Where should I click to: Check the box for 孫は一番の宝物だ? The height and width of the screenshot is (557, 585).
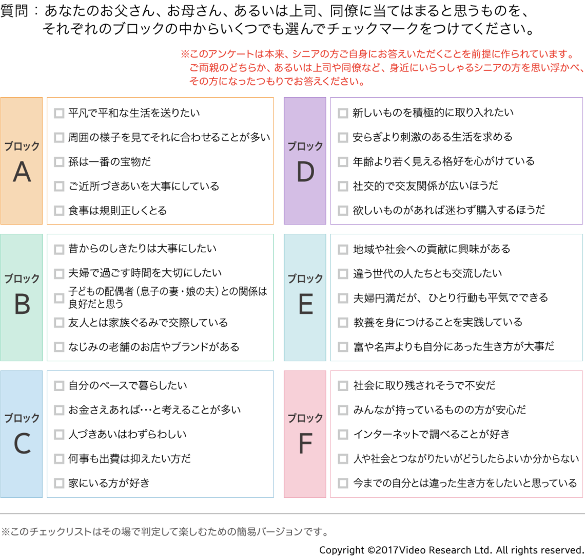59,162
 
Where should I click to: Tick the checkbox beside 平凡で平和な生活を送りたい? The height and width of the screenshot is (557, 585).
59,113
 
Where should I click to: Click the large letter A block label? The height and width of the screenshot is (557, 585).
22,172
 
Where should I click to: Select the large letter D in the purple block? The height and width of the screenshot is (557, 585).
305,172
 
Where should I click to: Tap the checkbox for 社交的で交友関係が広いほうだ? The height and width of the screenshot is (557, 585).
343,186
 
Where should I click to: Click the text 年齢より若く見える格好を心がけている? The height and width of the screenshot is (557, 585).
443,161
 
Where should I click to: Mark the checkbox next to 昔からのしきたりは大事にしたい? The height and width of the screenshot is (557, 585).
59,249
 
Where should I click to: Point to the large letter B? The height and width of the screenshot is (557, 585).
22,305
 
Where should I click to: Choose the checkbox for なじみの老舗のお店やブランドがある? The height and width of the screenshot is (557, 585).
59,347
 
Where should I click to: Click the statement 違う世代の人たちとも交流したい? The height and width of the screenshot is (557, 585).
427,273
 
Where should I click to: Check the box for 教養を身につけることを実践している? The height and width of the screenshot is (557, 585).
343,323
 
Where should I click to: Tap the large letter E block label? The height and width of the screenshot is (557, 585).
305,305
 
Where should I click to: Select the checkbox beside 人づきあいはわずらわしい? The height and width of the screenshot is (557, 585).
59,435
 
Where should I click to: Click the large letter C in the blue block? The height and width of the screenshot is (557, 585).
22,444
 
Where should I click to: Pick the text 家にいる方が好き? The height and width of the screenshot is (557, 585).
109,483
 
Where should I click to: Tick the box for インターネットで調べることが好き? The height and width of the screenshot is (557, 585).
343,435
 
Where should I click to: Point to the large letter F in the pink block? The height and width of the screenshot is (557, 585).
305,444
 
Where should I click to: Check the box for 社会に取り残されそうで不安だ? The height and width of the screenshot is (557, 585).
343,386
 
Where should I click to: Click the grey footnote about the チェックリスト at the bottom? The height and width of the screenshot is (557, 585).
164,532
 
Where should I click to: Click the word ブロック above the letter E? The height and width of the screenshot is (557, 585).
305,279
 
